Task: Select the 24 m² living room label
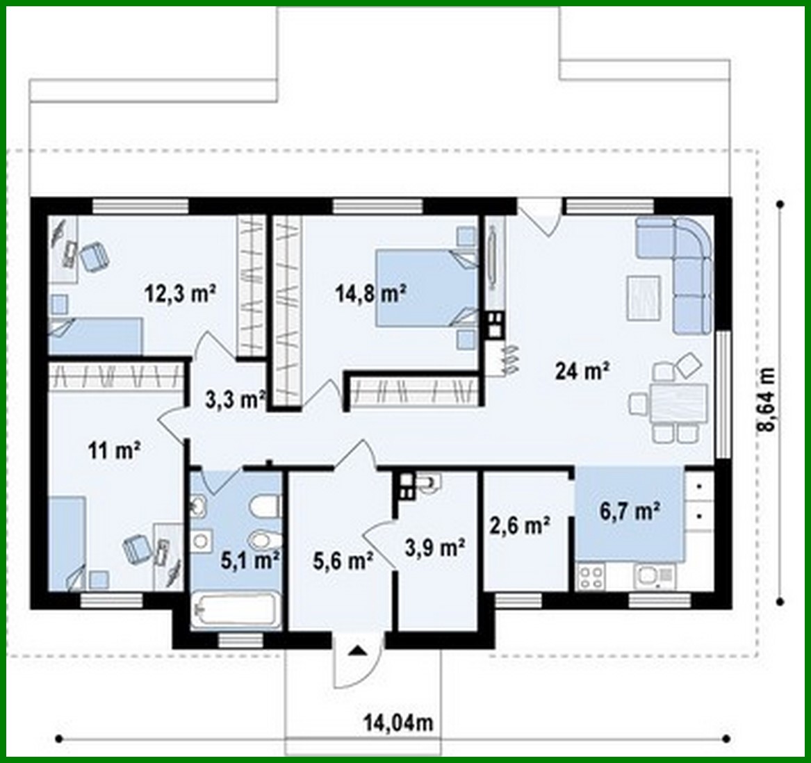(x=582, y=371)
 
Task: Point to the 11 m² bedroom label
(x=115, y=451)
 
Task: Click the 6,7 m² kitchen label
(x=629, y=512)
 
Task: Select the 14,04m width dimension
(x=398, y=723)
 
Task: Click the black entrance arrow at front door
(x=357, y=650)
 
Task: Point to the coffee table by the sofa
(x=643, y=297)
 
